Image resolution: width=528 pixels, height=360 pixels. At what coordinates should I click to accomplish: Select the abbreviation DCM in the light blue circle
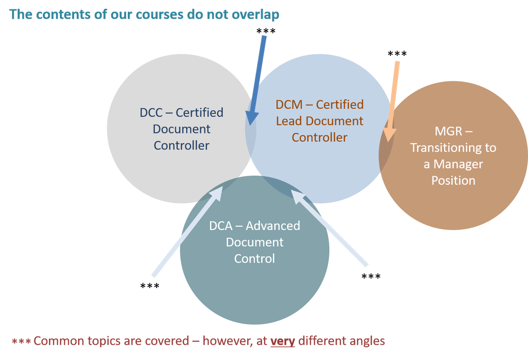pyautogui.click(x=288, y=105)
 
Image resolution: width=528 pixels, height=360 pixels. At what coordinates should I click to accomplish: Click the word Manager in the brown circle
pyautogui.click(x=458, y=164)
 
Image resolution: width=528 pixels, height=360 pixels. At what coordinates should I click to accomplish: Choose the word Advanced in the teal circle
pyautogui.click(x=273, y=225)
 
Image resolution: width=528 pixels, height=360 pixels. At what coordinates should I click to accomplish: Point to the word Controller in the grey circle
pyautogui.click(x=181, y=145)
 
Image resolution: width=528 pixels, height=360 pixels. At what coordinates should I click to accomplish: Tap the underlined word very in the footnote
pyautogui.click(x=283, y=341)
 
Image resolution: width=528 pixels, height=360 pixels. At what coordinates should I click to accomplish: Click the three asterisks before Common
pyautogui.click(x=20, y=341)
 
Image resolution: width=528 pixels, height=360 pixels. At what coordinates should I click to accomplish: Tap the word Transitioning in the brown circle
pyautogui.click(x=453, y=148)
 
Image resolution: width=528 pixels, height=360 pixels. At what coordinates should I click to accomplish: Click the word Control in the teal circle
pyautogui.click(x=254, y=258)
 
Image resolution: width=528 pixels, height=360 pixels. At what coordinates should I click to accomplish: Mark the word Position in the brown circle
pyautogui.click(x=453, y=180)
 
